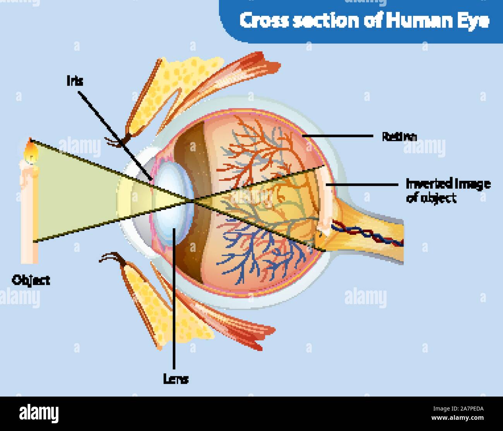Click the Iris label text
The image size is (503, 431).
point(75,81)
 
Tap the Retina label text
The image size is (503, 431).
point(399,137)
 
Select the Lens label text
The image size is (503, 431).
point(176,380)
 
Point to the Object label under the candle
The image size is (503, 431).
point(31,280)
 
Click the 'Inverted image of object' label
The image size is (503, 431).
point(448,190)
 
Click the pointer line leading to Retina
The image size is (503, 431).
point(337,136)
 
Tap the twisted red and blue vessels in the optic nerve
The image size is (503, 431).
point(371,234)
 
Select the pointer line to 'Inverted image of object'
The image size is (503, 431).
point(364,185)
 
